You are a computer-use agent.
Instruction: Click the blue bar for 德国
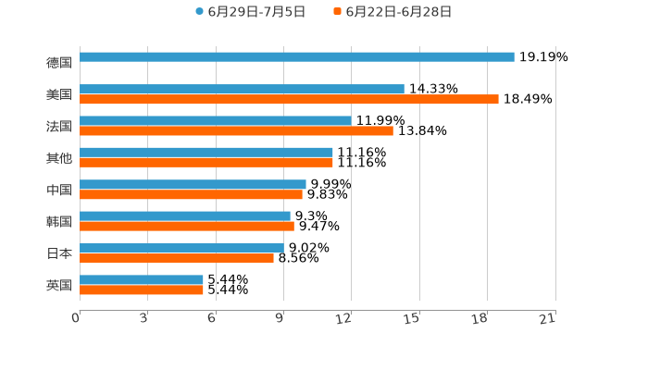click(296, 57)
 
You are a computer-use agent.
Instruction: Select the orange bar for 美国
click(289, 99)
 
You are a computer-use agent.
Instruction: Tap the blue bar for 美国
click(242, 89)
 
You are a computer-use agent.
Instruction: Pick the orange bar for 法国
click(236, 130)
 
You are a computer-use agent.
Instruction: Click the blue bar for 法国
click(215, 120)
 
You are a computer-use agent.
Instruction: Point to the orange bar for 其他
click(206, 162)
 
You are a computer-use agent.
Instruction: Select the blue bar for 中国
click(193, 184)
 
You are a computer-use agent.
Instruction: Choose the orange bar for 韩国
click(187, 226)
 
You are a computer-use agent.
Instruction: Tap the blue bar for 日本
click(181, 248)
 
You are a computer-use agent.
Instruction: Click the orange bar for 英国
click(142, 290)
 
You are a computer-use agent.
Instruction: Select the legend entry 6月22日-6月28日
click(398, 12)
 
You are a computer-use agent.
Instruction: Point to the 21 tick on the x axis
click(548, 318)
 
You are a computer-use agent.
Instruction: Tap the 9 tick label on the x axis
click(280, 318)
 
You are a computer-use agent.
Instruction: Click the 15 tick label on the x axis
click(413, 318)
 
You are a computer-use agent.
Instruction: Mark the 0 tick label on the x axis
click(77, 318)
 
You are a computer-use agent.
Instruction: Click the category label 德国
click(59, 63)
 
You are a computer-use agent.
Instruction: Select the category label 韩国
click(59, 221)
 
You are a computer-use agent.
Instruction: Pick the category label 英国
click(59, 285)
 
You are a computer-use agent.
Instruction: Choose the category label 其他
click(59, 157)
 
